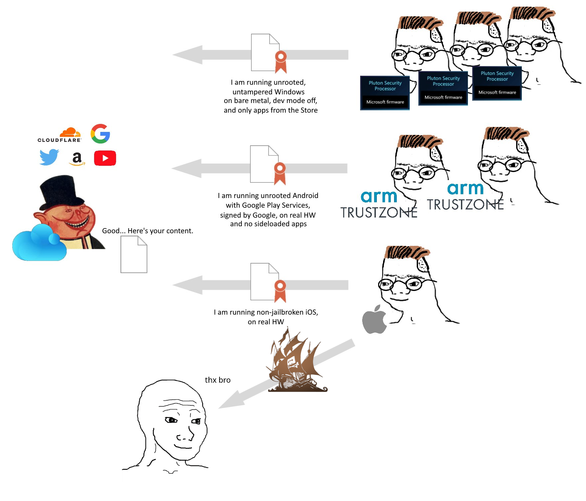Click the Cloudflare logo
pyautogui.click(x=60, y=135)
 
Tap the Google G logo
pyautogui.click(x=100, y=134)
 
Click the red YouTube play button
pyautogui.click(x=105, y=158)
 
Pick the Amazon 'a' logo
pyautogui.click(x=77, y=158)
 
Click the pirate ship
pyautogui.click(x=296, y=362)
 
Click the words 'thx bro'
pyautogui.click(x=218, y=380)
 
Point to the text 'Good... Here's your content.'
pyautogui.click(x=147, y=231)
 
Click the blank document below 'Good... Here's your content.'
pyautogui.click(x=134, y=254)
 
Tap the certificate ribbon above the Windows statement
pyautogui.click(x=281, y=62)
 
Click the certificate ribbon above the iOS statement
pyautogui.click(x=280, y=291)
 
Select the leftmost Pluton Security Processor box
pyautogui.click(x=385, y=93)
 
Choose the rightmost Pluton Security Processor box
pyautogui.click(x=497, y=83)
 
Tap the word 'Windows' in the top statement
pyautogui.click(x=289, y=92)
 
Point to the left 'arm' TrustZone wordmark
pyautogui.click(x=379, y=197)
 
